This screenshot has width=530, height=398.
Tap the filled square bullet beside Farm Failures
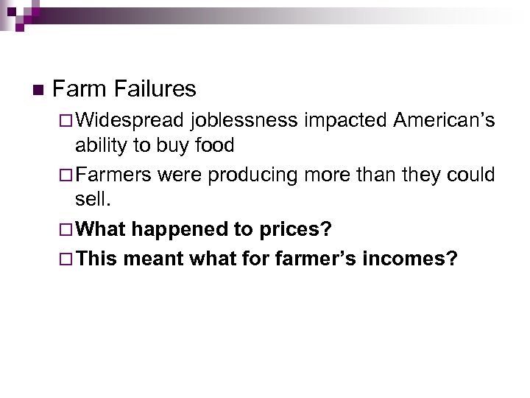38,91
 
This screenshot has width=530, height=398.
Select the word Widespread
130,119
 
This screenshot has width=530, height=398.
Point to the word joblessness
245,119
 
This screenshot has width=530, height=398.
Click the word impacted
345,119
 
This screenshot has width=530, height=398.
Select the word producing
265,175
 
